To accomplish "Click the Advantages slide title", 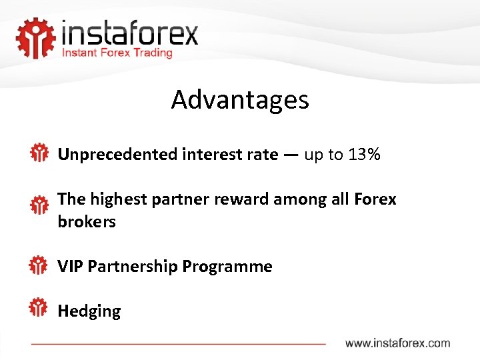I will (240, 100).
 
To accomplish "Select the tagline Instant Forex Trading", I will (117, 53).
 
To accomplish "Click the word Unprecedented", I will (117, 155).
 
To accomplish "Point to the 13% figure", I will (364, 155).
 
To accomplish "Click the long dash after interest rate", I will (291, 155).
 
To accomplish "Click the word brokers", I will (87, 222).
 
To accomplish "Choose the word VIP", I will (71, 267).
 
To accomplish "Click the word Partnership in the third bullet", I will (133, 267).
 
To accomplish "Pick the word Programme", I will (227, 267).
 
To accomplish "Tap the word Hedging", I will (89, 311).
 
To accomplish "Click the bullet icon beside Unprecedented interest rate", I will (39, 153).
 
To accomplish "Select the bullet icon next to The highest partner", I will (39, 205).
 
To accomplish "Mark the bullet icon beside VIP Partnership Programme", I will (39, 265).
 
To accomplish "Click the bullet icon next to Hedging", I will (39, 307).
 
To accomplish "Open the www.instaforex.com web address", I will (397, 343).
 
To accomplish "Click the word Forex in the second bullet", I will (375, 199).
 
